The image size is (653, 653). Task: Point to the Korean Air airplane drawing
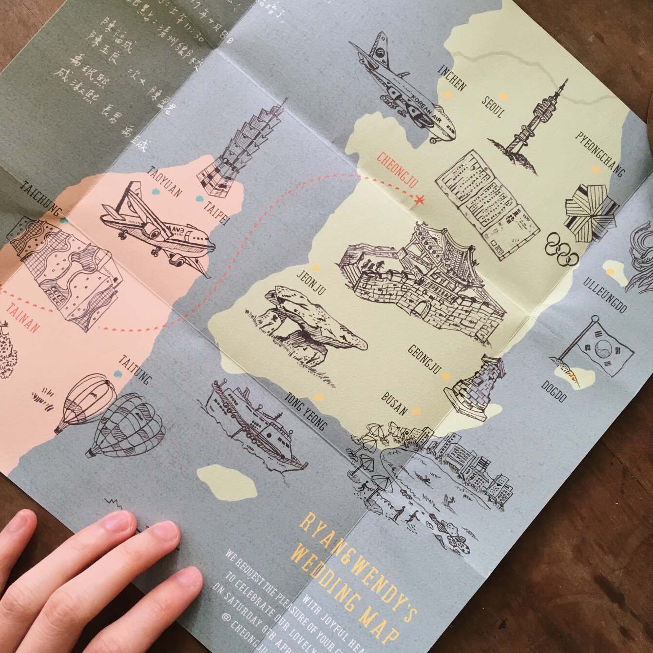tap(404, 88)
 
